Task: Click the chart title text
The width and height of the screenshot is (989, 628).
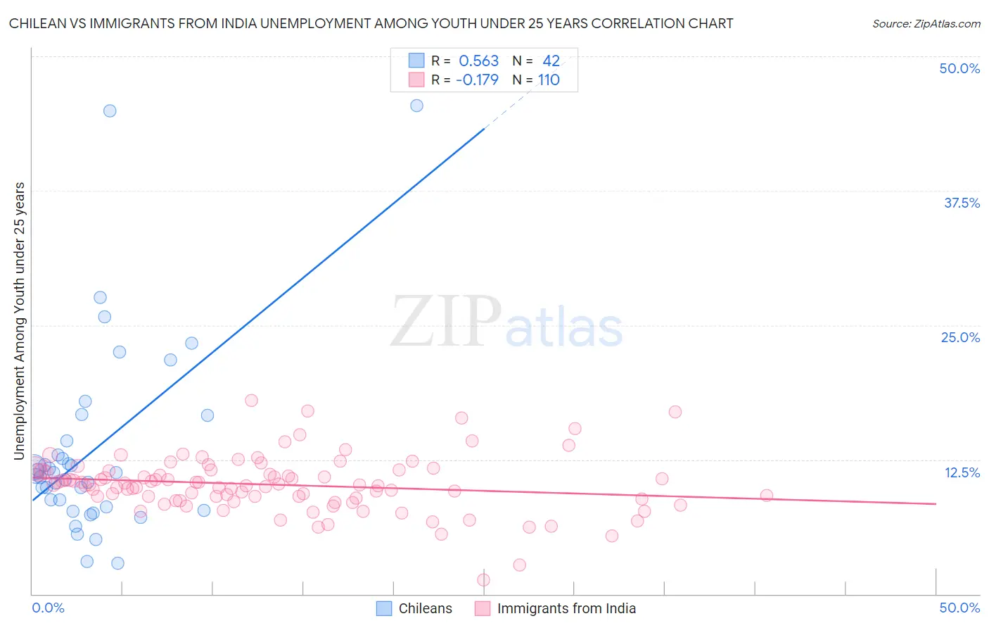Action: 371,23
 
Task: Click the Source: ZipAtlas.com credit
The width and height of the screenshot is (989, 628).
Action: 926,23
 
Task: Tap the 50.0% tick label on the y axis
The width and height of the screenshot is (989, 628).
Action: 959,68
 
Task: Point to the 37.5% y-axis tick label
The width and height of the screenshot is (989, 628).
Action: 961,203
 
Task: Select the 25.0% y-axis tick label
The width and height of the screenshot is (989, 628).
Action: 959,337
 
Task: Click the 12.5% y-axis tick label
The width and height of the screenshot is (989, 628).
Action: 961,472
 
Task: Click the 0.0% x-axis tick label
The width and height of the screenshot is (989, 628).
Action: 48,608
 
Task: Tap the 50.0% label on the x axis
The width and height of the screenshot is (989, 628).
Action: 959,608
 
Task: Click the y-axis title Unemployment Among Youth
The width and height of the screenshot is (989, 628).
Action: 20,320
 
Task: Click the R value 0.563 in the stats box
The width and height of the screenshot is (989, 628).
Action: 478,61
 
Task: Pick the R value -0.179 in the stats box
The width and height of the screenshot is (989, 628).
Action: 477,80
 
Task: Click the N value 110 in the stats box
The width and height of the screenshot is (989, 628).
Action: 549,80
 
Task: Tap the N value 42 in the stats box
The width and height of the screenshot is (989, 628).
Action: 551,61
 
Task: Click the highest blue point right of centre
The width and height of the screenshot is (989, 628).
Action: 416,106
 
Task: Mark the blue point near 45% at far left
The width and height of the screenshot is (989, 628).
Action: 110,111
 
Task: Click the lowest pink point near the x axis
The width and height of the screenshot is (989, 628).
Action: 483,580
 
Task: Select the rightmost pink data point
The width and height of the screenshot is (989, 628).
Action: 767,496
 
